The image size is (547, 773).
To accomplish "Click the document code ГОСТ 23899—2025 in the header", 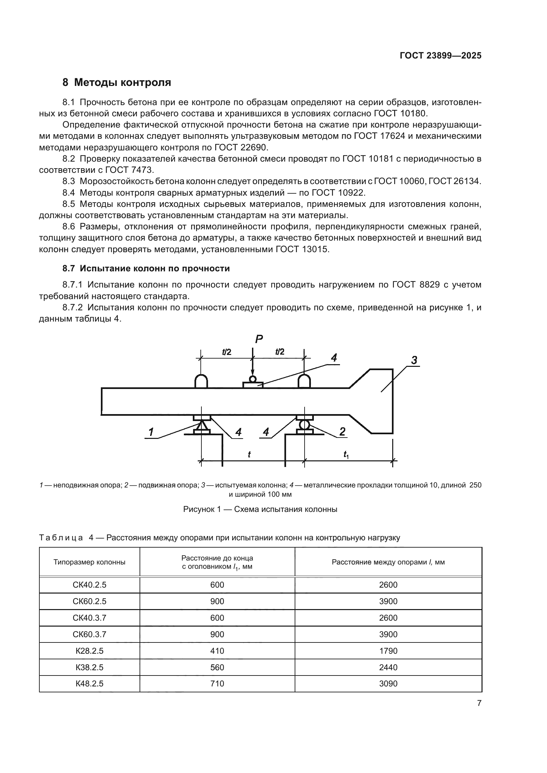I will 441,56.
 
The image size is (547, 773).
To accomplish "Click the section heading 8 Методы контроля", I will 116,83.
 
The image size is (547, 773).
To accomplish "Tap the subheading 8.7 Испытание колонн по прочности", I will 146,269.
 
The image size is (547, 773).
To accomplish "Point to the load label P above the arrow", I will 259,339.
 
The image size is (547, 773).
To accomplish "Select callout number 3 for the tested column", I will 414,360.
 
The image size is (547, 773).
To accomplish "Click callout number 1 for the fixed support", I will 151,432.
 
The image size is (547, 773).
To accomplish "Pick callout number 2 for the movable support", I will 342,432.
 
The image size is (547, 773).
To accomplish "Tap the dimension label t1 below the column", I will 346,455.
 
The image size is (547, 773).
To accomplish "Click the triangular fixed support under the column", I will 202,425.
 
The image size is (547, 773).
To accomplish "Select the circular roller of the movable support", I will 304,425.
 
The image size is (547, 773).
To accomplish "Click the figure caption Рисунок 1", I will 260,509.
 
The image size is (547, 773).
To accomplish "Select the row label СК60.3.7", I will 89,634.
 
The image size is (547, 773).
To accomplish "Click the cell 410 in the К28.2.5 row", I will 217,651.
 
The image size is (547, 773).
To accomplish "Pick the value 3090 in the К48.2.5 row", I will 388,684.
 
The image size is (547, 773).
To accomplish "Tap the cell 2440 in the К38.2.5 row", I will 388,667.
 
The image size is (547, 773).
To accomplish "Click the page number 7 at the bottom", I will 479,703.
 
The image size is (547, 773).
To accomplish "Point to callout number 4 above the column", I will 333,358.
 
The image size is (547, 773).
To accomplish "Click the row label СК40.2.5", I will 89,585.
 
